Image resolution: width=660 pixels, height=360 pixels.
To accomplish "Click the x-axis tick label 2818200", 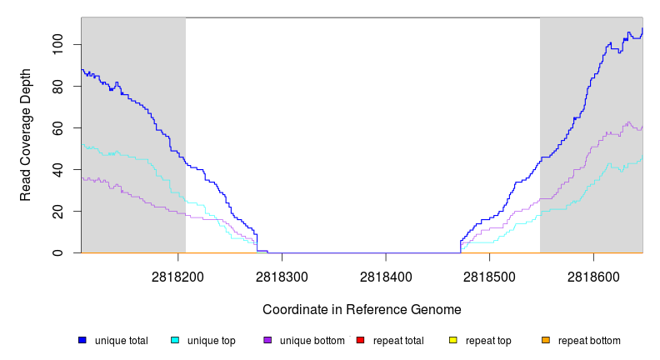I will tap(178, 274).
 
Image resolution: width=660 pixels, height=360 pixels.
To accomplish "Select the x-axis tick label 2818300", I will tap(282, 274).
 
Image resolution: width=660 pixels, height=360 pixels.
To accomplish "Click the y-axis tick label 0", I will tap(57, 253).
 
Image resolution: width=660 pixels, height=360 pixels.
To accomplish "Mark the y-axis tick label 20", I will tap(57, 212).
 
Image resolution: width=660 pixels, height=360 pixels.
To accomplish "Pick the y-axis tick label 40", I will tap(57, 170).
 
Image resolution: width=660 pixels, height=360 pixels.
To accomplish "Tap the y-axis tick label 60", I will tap(57, 127).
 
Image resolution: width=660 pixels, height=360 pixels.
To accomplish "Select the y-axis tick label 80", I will tap(57, 86).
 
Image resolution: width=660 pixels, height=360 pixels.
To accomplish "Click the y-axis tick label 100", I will tap(57, 44).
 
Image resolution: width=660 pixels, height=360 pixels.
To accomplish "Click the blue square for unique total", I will tap(82, 340).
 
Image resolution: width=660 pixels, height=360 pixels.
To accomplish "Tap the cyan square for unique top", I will tap(175, 340).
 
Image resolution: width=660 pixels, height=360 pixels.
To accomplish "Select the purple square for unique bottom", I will tap(267, 340).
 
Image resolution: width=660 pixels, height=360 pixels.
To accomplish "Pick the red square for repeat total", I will tap(360, 340).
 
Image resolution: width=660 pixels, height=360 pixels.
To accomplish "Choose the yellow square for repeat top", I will tap(453, 340).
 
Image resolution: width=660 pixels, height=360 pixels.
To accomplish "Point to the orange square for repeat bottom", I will tap(546, 340).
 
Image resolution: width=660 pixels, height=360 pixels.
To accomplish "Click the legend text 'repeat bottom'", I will tap(589, 341).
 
